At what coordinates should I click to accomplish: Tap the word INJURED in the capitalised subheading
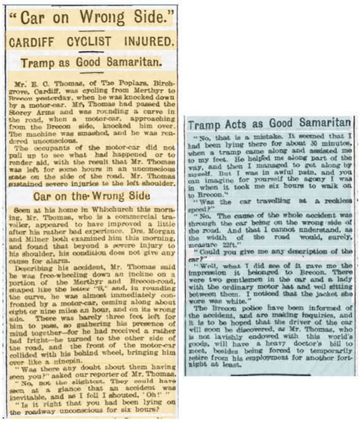[x=142, y=42]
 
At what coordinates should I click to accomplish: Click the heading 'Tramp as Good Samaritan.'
[x=92, y=63]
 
